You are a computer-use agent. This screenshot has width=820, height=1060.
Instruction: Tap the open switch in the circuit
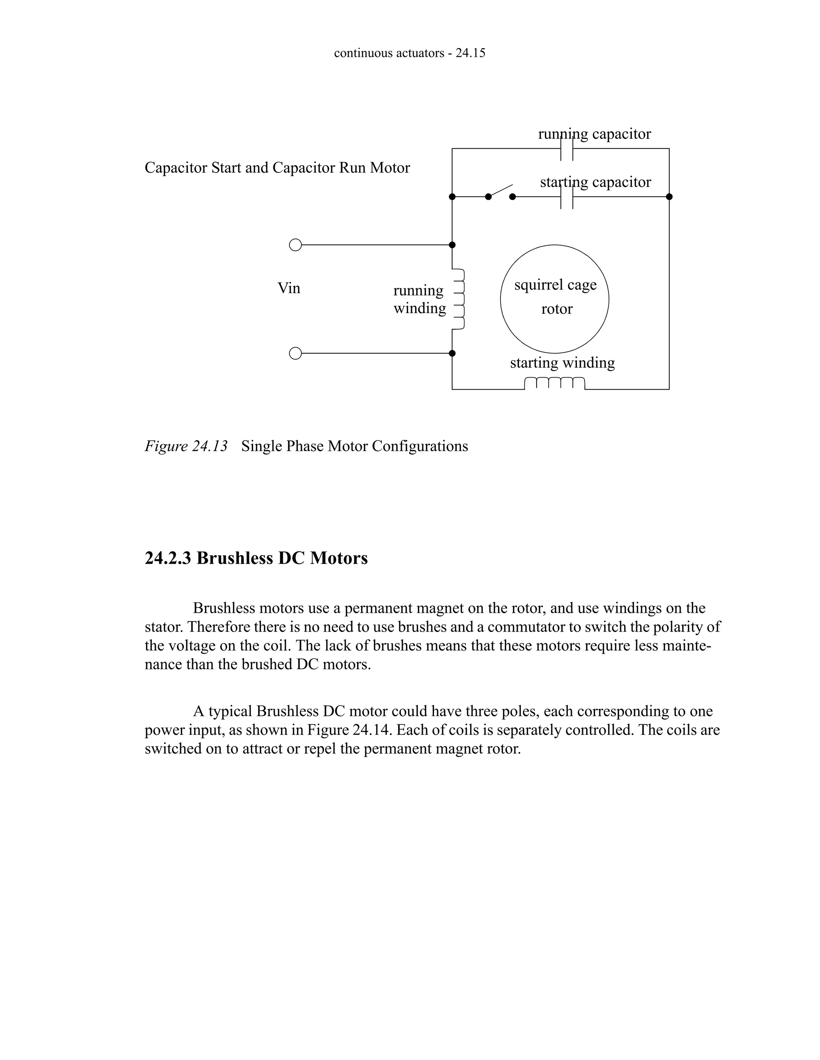500,192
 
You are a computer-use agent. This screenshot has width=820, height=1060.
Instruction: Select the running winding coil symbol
459,299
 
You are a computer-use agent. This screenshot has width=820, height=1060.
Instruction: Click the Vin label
289,288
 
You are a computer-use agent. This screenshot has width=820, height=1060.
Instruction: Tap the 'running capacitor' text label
594,134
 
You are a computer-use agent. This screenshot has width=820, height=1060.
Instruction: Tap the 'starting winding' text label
562,362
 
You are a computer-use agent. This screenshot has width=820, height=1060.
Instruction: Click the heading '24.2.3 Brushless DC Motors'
256,558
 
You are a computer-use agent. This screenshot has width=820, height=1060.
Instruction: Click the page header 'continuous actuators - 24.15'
410,53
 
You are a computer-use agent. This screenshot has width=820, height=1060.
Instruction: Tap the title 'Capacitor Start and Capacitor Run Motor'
277,168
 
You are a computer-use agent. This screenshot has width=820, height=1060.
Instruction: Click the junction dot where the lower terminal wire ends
452,353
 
